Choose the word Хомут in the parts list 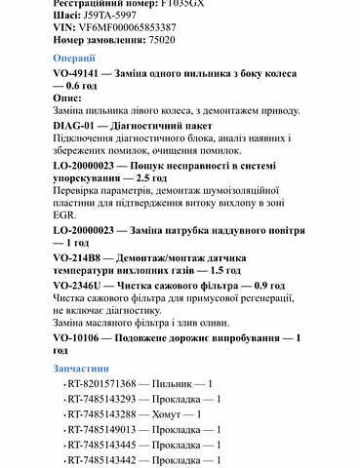(x=174, y=413)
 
